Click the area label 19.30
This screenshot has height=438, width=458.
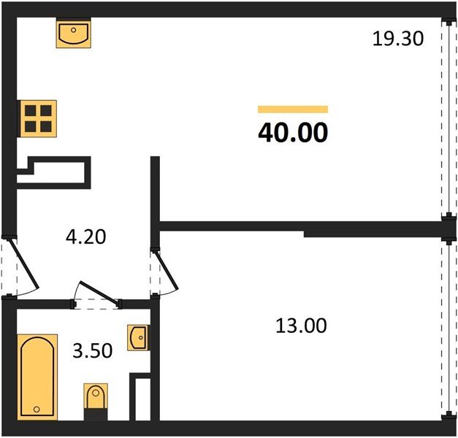tap(398, 39)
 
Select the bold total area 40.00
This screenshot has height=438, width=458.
tap(293, 132)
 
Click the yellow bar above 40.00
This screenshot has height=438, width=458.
tap(293, 109)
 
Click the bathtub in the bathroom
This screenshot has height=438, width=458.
tap(38, 377)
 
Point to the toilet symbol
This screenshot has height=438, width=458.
tap(96, 398)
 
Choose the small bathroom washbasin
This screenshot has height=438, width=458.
tap(137, 337)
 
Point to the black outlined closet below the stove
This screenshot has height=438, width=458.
tap(55, 173)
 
